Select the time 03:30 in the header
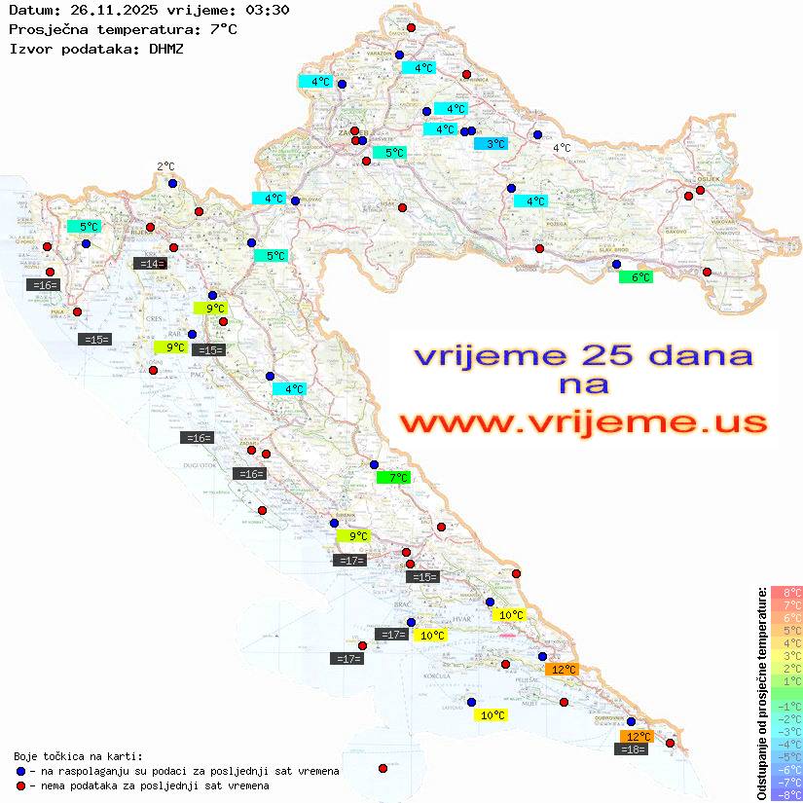pyautogui.click(x=268, y=11)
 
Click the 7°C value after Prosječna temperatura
pyautogui.click(x=223, y=29)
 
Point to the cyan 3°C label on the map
pyautogui.click(x=491, y=144)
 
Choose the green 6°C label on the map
pyautogui.click(x=636, y=277)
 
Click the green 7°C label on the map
pyautogui.click(x=394, y=478)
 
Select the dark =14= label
pyautogui.click(x=149, y=263)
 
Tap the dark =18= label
pyautogui.click(x=633, y=748)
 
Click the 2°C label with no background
pyautogui.click(x=165, y=166)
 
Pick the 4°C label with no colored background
pyautogui.click(x=562, y=148)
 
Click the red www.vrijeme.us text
pyautogui.click(x=583, y=422)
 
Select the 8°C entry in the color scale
pyautogui.click(x=786, y=593)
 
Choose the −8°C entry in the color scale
pyautogui.click(x=786, y=795)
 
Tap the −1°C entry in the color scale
pyautogui.click(x=786, y=707)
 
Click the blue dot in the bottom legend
pyautogui.click(x=20, y=771)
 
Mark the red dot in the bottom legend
pyautogui.click(x=20, y=785)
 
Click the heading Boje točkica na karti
pyautogui.click(x=78, y=756)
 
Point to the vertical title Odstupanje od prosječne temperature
pyautogui.click(x=761, y=693)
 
